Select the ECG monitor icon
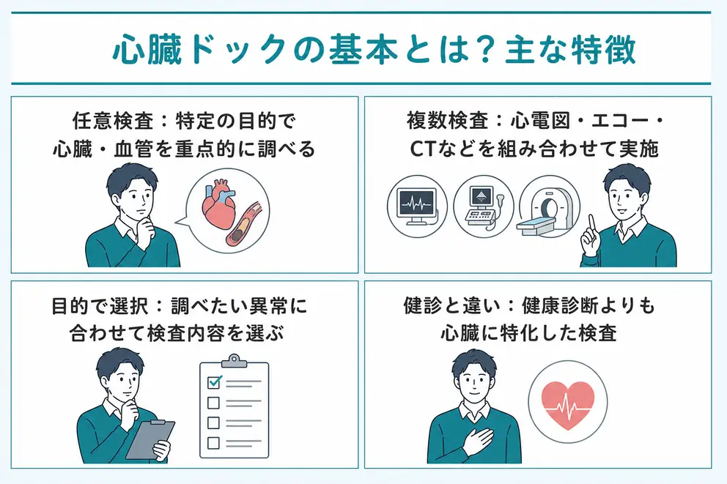point(417,206)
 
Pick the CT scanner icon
point(547,211)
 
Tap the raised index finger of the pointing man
point(592,224)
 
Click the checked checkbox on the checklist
point(214,381)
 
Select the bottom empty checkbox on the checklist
point(213,443)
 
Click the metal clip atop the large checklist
point(234,361)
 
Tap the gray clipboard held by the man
point(150,439)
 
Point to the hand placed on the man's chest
point(479,442)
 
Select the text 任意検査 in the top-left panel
point(113,121)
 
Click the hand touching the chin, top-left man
point(147,228)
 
